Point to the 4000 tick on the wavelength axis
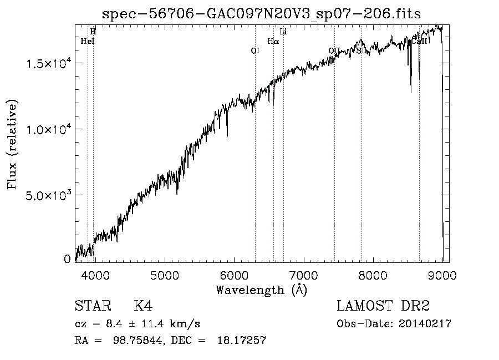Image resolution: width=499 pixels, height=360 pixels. [x=95, y=276]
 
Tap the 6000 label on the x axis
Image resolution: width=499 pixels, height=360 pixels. [x=234, y=276]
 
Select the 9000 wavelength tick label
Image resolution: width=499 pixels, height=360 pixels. [x=442, y=276]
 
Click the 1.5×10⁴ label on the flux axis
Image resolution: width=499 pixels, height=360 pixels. [x=49, y=63]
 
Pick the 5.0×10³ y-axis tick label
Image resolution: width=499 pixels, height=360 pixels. [x=49, y=195]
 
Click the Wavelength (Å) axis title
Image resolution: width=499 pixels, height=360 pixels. [x=261, y=290]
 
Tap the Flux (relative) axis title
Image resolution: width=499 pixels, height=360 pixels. [x=12, y=144]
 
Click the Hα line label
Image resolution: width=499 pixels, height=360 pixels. [x=273, y=41]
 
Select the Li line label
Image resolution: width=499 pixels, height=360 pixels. [x=283, y=32]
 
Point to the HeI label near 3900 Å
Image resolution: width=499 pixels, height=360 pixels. [x=88, y=41]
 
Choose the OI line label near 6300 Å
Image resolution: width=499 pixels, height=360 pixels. [x=255, y=50]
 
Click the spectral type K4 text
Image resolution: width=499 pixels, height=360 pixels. [x=143, y=306]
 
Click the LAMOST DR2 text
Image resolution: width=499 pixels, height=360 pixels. [x=383, y=306]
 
